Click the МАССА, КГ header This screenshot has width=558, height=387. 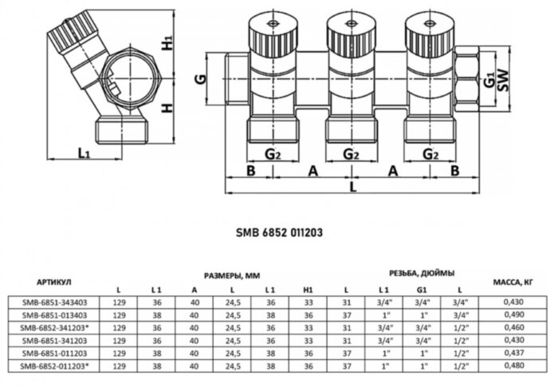pos(518,282)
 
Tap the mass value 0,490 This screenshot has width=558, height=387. pos(519,315)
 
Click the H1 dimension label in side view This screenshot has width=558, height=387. pos(165,44)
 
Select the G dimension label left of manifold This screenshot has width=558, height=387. pos(204,81)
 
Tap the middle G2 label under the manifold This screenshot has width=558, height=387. pos(348,153)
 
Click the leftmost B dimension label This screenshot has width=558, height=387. pos(250,171)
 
